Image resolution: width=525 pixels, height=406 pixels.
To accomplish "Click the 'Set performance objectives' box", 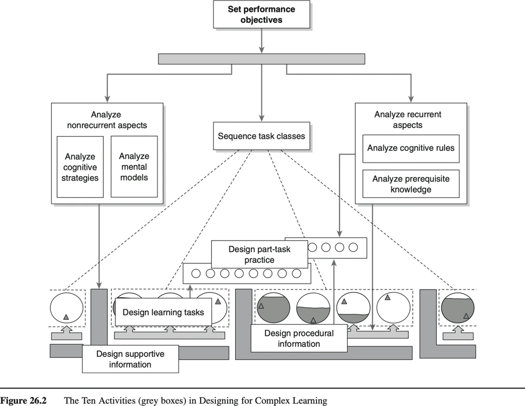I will [261, 15].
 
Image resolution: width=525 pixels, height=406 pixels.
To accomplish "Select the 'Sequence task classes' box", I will [261, 137].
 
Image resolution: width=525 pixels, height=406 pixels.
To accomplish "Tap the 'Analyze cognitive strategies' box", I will [80, 167].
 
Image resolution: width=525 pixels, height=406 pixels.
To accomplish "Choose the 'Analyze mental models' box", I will [134, 167].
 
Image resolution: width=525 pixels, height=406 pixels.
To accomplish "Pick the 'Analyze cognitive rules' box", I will [410, 148].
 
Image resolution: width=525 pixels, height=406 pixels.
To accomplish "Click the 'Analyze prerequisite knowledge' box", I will [410, 184].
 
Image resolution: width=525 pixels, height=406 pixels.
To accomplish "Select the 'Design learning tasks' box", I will [163, 312].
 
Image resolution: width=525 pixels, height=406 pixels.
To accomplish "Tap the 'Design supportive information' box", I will [130, 359].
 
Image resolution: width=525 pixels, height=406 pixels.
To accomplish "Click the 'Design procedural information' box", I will [298, 338].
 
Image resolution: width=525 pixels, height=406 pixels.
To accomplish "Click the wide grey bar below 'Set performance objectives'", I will [261, 59].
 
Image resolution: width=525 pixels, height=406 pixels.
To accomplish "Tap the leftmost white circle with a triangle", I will [66, 309].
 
